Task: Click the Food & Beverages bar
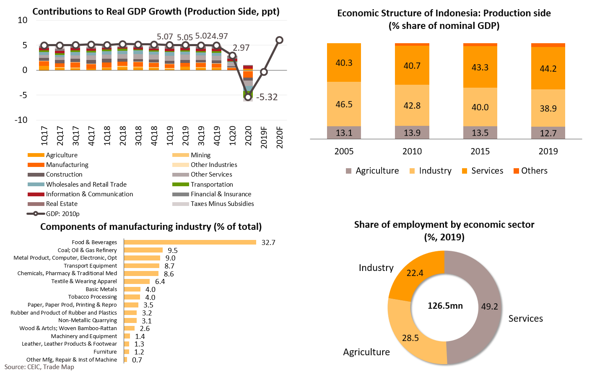pos(190,242)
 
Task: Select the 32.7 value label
pos(268,243)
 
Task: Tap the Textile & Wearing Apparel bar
pos(137,281)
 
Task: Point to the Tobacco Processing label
pos(92,297)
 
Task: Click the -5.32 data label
pos(267,97)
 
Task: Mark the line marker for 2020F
pos(280,40)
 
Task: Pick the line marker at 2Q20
pos(248,97)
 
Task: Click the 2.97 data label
pos(241,48)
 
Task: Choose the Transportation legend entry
pos(212,185)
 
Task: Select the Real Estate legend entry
pos(62,204)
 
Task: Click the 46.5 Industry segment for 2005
pos(344,104)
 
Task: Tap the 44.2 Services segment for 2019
pos(548,68)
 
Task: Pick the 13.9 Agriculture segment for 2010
pos(412,133)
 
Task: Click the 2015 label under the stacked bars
pos(480,151)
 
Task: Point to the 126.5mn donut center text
pos(445,306)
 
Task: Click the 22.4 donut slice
pos(415,273)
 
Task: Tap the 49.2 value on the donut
pos(489,307)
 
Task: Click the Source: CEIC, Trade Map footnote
pos(39,367)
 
